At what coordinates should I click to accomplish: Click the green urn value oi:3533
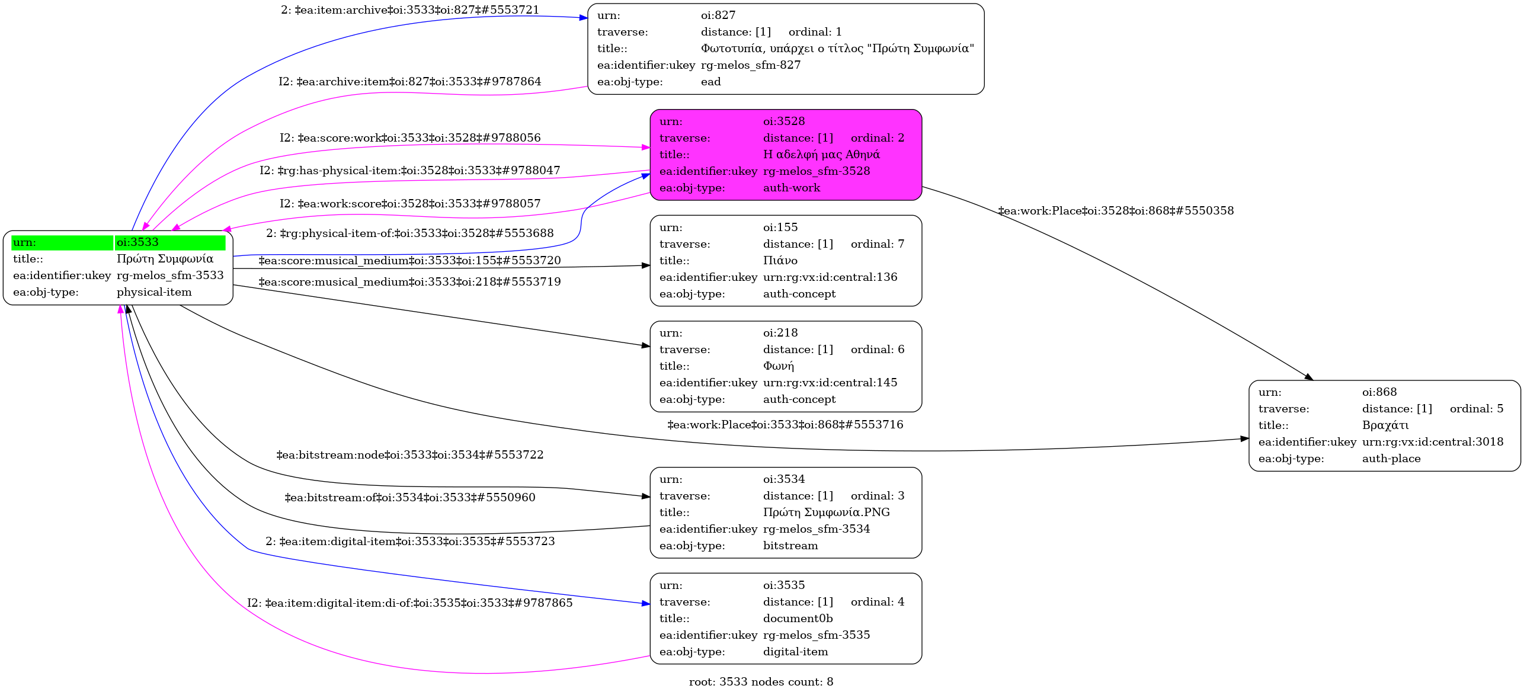pos(137,242)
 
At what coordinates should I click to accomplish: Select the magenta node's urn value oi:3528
pos(783,121)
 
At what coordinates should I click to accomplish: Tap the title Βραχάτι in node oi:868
pos(1385,425)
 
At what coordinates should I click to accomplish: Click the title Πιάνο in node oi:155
pos(780,261)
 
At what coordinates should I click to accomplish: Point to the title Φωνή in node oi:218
pos(778,366)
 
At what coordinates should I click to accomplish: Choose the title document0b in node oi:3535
pos(798,619)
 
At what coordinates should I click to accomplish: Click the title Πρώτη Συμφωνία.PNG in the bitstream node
pos(826,513)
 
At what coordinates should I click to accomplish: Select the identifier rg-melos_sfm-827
pos(750,65)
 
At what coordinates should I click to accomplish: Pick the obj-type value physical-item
pos(154,292)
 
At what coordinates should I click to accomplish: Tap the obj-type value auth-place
pos(1391,459)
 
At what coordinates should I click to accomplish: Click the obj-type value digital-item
pos(795,652)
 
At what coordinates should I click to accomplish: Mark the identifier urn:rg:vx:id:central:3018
pos(1432,442)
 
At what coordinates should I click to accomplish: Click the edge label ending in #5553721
pos(410,10)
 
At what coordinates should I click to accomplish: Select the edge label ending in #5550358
pos(1116,211)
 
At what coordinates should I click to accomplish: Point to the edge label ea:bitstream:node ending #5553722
pos(410,455)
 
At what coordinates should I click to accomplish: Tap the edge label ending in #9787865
pos(410,603)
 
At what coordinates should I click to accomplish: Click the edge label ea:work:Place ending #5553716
pos(785,425)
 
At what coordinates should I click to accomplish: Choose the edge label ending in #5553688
pos(410,233)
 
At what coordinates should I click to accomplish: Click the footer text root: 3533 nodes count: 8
pos(761,682)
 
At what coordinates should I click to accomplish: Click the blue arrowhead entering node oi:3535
pos(646,604)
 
